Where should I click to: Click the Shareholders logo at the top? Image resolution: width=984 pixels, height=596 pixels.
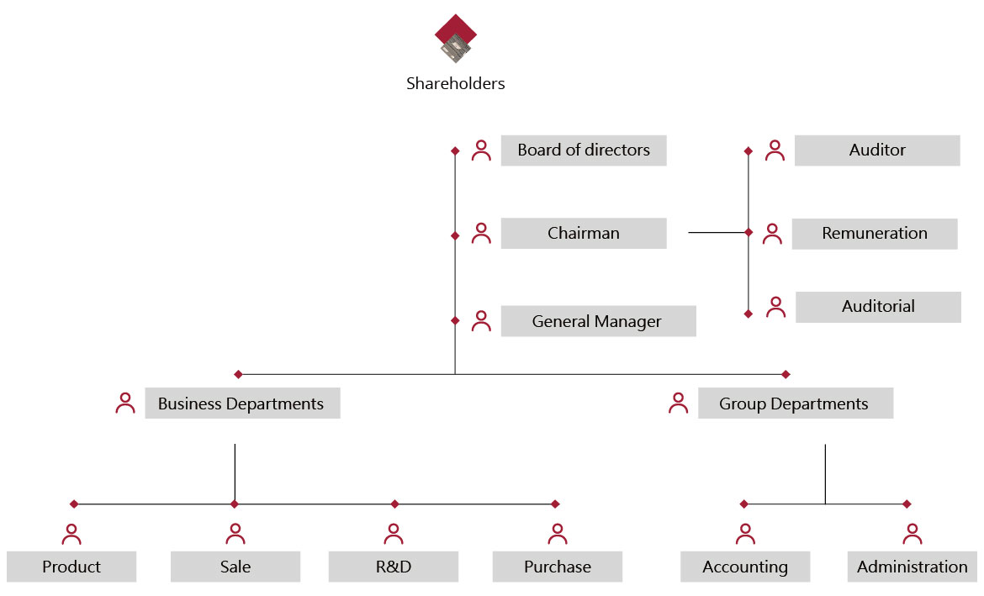coord(456,38)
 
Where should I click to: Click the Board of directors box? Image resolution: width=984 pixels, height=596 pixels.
coord(584,150)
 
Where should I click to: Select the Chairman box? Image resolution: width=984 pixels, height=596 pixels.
coord(584,234)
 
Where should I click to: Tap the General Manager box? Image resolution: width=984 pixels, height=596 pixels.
coord(598,321)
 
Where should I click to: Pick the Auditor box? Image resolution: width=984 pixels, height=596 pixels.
coord(877,150)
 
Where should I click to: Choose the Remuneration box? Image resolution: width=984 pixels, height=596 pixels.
coord(875,234)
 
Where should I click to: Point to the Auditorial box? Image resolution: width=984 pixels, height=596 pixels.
coord(878,307)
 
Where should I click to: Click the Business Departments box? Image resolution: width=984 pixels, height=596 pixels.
coord(242,403)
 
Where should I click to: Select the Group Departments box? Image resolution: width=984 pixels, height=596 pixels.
coord(795,403)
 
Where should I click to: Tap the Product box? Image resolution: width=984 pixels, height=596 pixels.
coord(71,567)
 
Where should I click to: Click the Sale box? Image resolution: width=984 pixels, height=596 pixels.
coord(235,567)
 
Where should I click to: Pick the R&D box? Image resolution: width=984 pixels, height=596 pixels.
coord(394,567)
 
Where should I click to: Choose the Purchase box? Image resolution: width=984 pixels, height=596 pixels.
coord(558,567)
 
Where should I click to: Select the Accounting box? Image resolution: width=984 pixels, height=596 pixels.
coord(745,567)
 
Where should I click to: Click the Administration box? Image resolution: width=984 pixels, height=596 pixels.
coord(913,567)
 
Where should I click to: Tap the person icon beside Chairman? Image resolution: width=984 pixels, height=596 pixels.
coord(481,234)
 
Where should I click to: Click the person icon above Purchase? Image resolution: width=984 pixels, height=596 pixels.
coord(558,534)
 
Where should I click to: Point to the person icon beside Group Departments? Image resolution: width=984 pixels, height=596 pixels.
coord(678,403)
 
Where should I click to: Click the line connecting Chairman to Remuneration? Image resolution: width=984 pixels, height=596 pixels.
coord(717,232)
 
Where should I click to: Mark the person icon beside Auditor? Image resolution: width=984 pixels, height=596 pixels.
coord(775,150)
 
